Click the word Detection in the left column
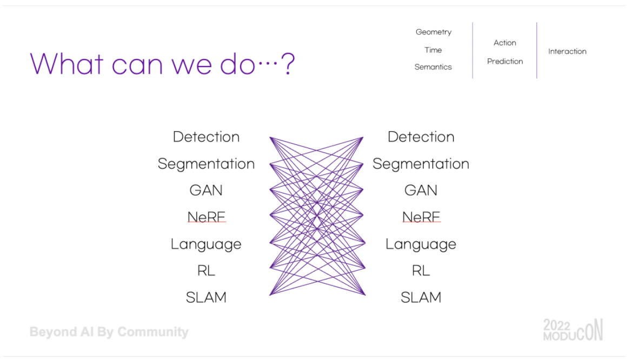(x=206, y=137)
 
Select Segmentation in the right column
(x=421, y=164)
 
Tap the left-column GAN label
(x=206, y=190)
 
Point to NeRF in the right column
(x=421, y=217)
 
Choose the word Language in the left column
(x=206, y=244)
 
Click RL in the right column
(x=421, y=270)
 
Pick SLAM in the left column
(x=206, y=297)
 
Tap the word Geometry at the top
(x=434, y=32)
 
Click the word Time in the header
(x=433, y=50)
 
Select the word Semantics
(x=433, y=67)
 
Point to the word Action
(x=505, y=43)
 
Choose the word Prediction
(x=505, y=61)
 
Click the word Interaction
(x=567, y=51)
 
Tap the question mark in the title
(x=288, y=64)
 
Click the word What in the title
(x=67, y=64)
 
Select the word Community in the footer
(x=153, y=332)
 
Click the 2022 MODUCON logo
(x=573, y=330)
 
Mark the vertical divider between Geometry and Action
(x=473, y=50)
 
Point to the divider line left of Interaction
(x=537, y=50)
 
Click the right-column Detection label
(x=421, y=137)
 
